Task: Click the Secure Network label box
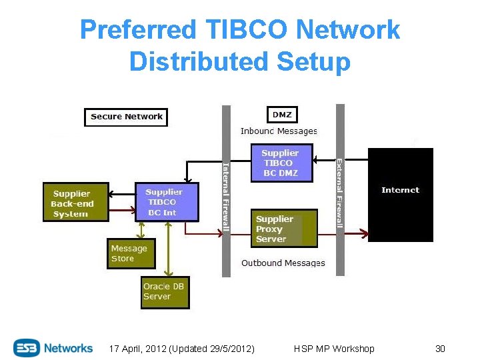point(126,117)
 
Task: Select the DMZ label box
point(282,115)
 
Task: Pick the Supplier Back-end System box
point(75,202)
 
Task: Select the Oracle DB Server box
point(165,292)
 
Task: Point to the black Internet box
point(400,194)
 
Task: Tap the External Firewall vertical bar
point(340,190)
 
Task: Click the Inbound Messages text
point(279,131)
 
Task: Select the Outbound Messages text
point(283,263)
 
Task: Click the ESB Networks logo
point(53,348)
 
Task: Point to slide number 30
point(439,349)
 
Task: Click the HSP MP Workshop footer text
point(334,349)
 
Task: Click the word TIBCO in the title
point(246,30)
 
